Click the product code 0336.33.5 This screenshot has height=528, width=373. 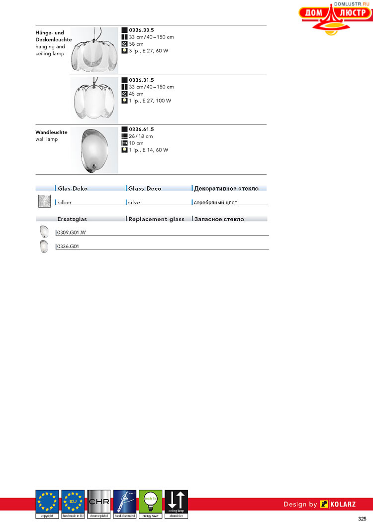point(141,30)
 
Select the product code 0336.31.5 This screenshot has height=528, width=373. point(141,80)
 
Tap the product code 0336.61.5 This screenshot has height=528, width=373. point(141,130)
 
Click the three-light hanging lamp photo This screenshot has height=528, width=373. point(94,49)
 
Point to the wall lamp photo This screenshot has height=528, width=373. point(94,150)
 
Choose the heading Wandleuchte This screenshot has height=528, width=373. point(51,132)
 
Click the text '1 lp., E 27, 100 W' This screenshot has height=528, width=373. point(150,101)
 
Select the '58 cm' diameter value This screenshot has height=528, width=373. point(136,44)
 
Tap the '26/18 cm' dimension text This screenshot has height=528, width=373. point(141,136)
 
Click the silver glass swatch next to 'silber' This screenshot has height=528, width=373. point(45,201)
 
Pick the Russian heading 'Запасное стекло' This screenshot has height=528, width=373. point(219,219)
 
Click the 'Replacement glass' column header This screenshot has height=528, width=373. point(156,219)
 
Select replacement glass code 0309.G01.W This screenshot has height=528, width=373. point(72,232)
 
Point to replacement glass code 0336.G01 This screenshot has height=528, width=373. point(68,246)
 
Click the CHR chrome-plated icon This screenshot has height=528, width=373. point(98,504)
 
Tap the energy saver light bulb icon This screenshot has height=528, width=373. point(150,504)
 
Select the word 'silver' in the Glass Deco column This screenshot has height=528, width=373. point(135,203)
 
